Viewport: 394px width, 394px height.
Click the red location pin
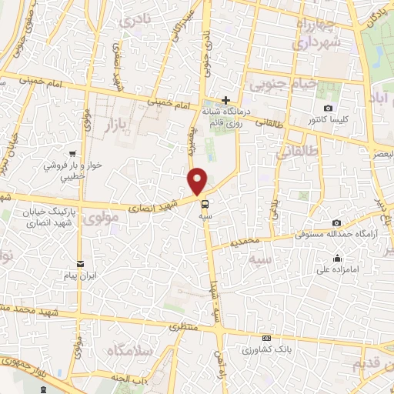[198, 180]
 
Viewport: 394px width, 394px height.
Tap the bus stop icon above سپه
[205, 205]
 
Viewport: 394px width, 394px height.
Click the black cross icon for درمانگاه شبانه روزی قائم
[225, 100]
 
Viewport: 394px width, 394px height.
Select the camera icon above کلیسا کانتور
[329, 108]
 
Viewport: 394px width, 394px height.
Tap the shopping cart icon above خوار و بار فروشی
[72, 153]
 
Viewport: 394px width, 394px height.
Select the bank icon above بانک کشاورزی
[266, 338]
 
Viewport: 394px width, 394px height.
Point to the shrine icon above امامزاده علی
[337, 258]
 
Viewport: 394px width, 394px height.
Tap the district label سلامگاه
[127, 351]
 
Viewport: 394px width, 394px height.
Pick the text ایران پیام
[78, 275]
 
